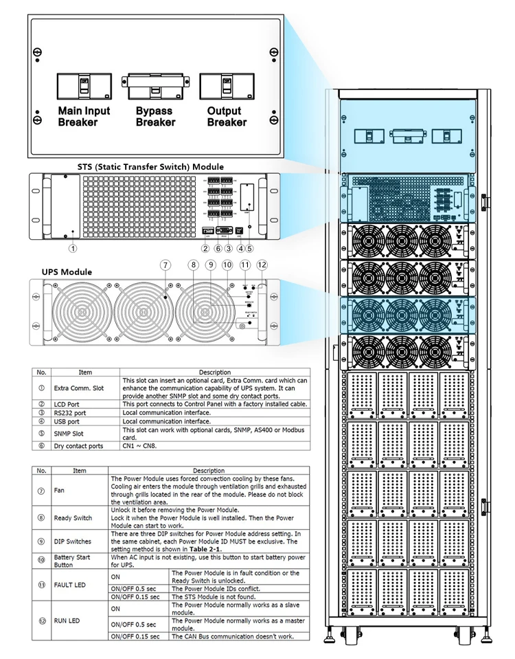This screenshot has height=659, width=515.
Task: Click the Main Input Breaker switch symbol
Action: click(x=83, y=86)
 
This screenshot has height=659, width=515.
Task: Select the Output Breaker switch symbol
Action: click(x=226, y=86)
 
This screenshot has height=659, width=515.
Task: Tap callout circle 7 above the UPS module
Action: click(x=164, y=265)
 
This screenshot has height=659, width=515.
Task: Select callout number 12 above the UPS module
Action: click(x=262, y=265)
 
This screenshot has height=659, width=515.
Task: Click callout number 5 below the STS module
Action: click(x=249, y=249)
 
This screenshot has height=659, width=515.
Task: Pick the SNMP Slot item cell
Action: click(x=76, y=434)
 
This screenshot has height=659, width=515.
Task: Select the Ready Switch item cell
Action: click(x=73, y=517)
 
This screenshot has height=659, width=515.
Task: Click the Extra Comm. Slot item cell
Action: click(x=80, y=388)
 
